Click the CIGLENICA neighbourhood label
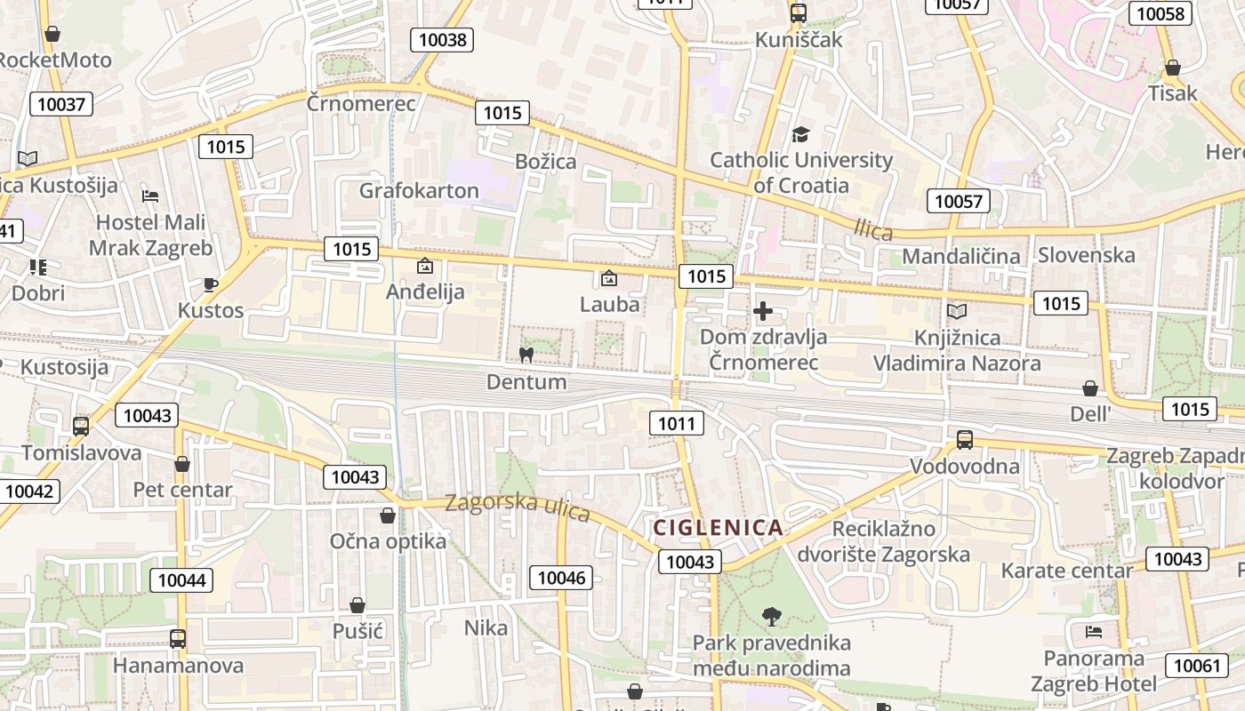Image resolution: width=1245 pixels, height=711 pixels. pyautogui.click(x=719, y=528)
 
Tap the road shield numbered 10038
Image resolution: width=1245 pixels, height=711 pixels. pyautogui.click(x=442, y=39)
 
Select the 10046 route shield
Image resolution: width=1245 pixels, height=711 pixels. pyautogui.click(x=562, y=578)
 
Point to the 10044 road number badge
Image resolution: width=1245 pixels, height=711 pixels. pyautogui.click(x=181, y=580)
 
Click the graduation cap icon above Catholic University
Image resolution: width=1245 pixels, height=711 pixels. pyautogui.click(x=800, y=135)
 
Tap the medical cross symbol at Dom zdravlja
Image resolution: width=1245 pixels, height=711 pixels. pyautogui.click(x=763, y=311)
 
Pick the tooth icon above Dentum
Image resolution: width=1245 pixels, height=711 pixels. pyautogui.click(x=526, y=355)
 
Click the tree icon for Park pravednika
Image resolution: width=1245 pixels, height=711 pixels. pyautogui.click(x=771, y=616)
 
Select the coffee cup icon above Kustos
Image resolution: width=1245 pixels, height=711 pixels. pyautogui.click(x=210, y=284)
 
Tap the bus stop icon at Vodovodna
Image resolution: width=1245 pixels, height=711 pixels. pyautogui.click(x=965, y=439)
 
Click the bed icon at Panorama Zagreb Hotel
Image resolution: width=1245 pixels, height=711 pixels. pyautogui.click(x=1094, y=632)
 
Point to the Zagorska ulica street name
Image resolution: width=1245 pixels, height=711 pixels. pyautogui.click(x=518, y=507)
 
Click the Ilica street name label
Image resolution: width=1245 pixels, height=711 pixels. pyautogui.click(x=872, y=230)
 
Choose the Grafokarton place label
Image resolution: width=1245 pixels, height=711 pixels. pyautogui.click(x=419, y=190)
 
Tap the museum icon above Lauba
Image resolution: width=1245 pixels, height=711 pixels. pyautogui.click(x=609, y=278)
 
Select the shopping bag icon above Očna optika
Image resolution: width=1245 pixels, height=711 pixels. pyautogui.click(x=388, y=515)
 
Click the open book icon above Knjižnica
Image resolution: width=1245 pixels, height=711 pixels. pyautogui.click(x=957, y=311)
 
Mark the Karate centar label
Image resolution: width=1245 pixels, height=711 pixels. pyautogui.click(x=1066, y=570)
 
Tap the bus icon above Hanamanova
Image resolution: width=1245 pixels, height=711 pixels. pyautogui.click(x=178, y=638)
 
